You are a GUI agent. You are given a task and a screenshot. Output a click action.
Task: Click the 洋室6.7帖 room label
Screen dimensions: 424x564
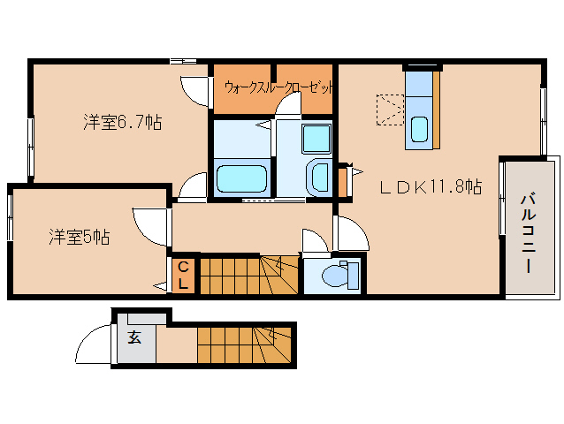click(122, 123)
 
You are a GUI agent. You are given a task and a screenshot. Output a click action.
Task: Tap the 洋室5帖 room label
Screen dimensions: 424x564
click(79, 237)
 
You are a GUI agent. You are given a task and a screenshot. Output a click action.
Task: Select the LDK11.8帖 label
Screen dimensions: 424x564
click(431, 187)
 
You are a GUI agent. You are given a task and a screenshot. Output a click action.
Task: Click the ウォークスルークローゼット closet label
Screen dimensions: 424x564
click(279, 87)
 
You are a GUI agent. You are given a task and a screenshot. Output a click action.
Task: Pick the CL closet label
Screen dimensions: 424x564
click(183, 275)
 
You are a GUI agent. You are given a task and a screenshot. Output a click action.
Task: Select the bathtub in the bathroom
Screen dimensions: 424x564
click(241, 179)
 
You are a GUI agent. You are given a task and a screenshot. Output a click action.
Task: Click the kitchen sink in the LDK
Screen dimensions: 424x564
click(421, 130)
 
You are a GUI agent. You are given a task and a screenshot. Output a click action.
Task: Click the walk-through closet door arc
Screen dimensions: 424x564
click(288, 103)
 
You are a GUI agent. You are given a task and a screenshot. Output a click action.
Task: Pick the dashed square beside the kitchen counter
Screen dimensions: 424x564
click(390, 110)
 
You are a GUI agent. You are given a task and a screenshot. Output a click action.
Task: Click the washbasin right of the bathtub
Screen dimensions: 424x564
click(317, 175)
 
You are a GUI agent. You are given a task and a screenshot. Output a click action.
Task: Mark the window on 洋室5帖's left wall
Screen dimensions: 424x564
click(11, 216)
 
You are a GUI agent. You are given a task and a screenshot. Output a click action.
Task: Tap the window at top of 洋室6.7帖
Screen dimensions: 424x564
click(183, 61)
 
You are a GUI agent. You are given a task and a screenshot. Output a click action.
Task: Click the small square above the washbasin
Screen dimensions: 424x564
click(315, 138)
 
